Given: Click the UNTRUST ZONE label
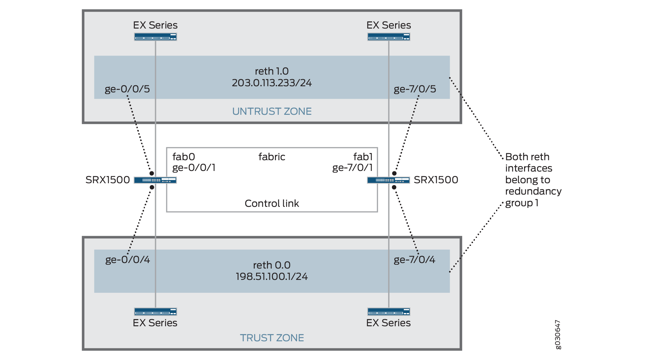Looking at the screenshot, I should [272, 111].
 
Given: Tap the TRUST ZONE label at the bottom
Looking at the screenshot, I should [272, 338].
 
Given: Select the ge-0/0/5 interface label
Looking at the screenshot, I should [127, 89].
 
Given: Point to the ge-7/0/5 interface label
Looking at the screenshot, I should [415, 89].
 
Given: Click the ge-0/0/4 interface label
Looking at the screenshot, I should [127, 260].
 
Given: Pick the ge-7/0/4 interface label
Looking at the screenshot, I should [414, 260].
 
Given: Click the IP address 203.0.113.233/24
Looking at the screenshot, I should [272, 83].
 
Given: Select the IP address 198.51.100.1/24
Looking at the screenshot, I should [272, 277].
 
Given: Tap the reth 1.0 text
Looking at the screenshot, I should [272, 71].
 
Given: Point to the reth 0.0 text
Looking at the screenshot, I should [272, 265].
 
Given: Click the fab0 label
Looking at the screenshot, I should [184, 157].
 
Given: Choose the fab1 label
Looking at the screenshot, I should [363, 157].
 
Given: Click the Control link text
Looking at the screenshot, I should [272, 203].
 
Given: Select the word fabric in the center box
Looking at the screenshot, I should [272, 157].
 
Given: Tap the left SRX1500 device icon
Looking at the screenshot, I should [155, 180].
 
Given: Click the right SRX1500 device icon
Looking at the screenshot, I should [389, 180].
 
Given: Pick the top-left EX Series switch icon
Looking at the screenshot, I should [155, 37].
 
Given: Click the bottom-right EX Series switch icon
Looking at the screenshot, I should [389, 312].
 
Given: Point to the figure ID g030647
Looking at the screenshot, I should [558, 335].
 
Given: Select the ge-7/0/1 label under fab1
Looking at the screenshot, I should [352, 168].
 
